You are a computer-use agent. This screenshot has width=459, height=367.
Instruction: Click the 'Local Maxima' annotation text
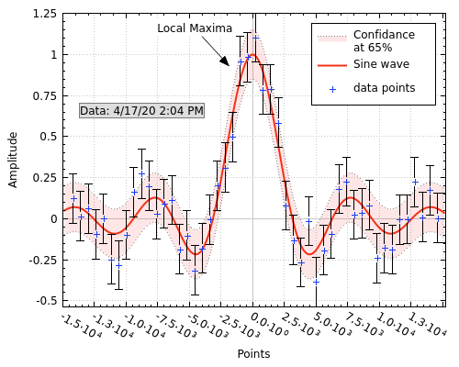pos(195,28)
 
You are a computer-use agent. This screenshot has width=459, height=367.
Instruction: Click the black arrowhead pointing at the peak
pos(225,61)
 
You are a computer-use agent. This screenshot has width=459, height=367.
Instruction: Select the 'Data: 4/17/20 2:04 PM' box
pos(141,110)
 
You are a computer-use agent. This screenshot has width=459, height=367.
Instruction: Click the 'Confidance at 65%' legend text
pos(384,40)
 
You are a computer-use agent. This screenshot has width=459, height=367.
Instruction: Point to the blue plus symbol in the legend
pos(332,89)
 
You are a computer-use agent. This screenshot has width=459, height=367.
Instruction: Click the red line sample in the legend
pos(332,65)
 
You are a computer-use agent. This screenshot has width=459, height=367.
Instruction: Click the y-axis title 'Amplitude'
pos(13,159)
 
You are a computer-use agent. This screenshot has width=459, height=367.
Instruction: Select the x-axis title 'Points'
pos(253,353)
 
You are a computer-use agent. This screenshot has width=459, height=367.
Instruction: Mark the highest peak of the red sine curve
pos(253,55)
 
